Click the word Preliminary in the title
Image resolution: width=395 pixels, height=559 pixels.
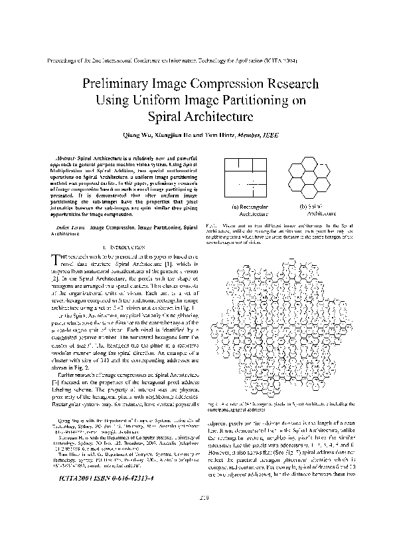pos(119,85)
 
